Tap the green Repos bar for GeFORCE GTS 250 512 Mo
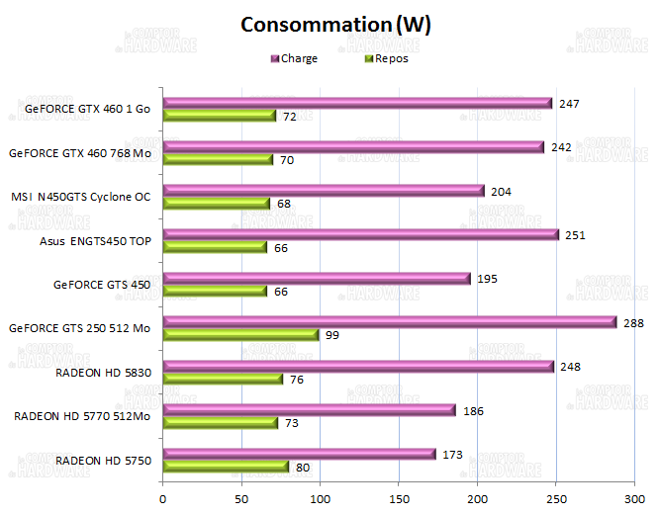click(240, 335)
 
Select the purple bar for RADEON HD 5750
click(299, 454)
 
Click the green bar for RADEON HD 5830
click(223, 379)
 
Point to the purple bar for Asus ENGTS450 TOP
click(360, 234)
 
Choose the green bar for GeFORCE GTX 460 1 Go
click(219, 116)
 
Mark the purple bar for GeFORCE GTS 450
click(316, 279)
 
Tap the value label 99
click(332, 336)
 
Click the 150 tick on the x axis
click(398, 499)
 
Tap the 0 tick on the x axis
click(162, 499)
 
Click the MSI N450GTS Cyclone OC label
click(80, 197)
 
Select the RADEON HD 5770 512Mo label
click(82, 416)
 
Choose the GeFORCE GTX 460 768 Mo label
click(79, 153)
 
